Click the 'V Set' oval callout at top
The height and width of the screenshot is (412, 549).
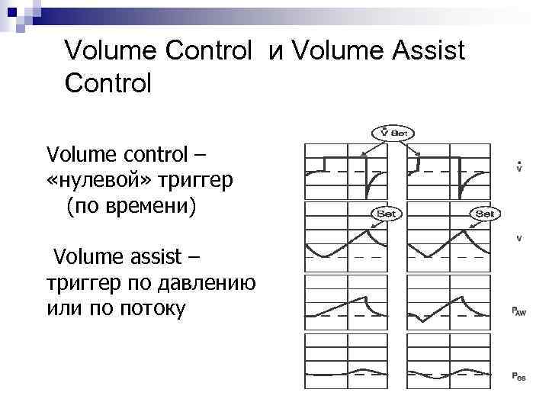pyautogui.click(x=393, y=132)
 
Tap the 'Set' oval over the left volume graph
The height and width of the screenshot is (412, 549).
pyautogui.click(x=387, y=214)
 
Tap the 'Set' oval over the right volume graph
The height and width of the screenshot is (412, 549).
pyautogui.click(x=484, y=214)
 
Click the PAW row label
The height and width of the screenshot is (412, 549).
pyautogui.click(x=519, y=311)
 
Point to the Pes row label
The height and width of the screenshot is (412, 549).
pyautogui.click(x=519, y=376)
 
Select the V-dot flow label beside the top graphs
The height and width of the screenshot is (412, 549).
pyautogui.click(x=519, y=166)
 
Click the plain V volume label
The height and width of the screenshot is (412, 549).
pyautogui.click(x=519, y=238)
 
